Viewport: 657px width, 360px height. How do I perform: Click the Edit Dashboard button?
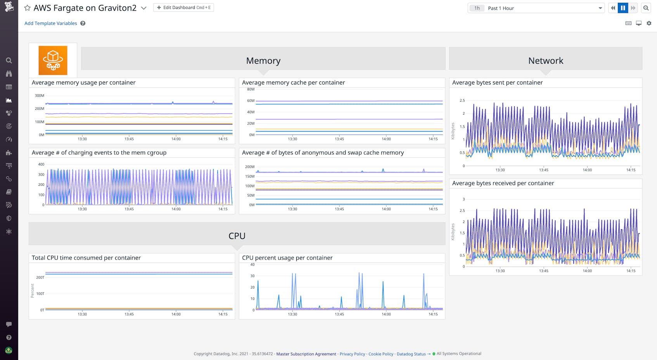click(183, 7)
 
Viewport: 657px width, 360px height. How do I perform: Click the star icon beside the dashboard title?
click(27, 8)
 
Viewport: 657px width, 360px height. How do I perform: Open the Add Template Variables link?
click(50, 23)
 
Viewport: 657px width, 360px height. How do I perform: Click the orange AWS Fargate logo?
click(53, 60)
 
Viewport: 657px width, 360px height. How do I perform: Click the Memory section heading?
click(263, 61)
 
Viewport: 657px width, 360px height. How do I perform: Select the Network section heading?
click(545, 61)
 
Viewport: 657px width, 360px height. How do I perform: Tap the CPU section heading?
click(237, 236)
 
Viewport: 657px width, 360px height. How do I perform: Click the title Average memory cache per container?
click(293, 83)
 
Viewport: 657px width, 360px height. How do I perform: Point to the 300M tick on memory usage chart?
click(40, 95)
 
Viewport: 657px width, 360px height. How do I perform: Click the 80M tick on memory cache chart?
click(251, 89)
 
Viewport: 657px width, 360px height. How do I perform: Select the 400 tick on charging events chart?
click(41, 164)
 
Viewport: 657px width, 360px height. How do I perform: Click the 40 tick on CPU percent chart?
click(252, 265)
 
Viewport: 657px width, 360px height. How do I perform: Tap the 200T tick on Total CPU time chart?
click(40, 277)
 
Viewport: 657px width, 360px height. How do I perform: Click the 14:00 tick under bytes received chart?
click(587, 271)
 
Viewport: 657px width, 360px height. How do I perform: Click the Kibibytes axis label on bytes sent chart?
click(453, 131)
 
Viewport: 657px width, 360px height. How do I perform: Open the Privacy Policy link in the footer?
click(352, 354)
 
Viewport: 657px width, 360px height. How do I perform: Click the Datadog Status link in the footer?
click(411, 354)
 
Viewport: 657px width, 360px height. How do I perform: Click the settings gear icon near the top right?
click(649, 23)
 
